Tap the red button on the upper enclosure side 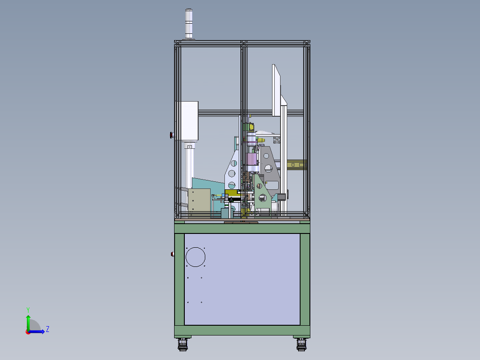tap(172, 135)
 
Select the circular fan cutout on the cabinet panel tap(195, 257)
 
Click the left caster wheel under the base tap(183, 344)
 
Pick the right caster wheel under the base tap(301, 344)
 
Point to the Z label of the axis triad tap(48, 329)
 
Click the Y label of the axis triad tap(28, 309)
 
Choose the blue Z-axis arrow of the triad tap(37, 331)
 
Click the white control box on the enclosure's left tap(187, 121)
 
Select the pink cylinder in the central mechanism tap(251, 159)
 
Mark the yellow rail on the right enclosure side tap(297, 164)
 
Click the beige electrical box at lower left tap(199, 200)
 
